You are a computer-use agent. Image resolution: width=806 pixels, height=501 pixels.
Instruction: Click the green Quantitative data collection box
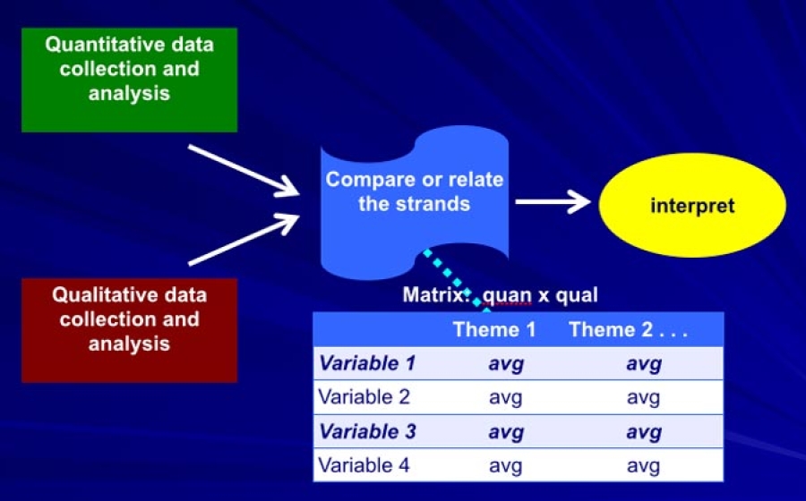pos(129,81)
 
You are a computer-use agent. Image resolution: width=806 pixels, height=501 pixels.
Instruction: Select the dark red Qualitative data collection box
pos(129,330)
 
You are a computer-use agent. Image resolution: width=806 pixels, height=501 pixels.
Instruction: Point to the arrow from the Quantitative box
pos(243,169)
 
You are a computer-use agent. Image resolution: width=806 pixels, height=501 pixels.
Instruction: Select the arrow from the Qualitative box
pos(244,239)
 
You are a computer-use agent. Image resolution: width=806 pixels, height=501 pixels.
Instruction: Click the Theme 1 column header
pos(494,329)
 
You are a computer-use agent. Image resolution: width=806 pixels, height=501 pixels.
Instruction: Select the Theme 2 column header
pos(627,329)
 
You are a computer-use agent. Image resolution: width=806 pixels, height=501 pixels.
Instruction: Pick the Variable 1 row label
pos(368,363)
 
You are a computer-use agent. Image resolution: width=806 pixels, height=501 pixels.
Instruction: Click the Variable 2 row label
pos(364,397)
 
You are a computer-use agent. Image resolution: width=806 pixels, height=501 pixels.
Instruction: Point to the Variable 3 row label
pos(368,431)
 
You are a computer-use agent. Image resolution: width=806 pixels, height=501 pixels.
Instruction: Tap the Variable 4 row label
pos(364,465)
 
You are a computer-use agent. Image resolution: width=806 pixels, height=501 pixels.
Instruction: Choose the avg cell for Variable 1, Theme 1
pos(505,363)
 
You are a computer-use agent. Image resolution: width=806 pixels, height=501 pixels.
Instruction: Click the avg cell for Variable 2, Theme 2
pos(643,397)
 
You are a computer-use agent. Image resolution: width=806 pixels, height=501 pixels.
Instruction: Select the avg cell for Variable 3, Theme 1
pos(505,431)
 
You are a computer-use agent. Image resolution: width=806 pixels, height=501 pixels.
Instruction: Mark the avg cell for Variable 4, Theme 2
pos(643,465)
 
